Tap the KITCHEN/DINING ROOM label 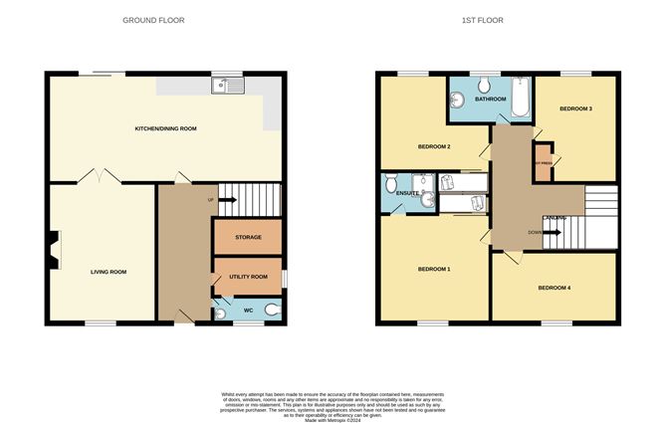click(165, 129)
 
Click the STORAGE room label click(248, 237)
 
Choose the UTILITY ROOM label click(248, 277)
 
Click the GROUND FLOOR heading click(153, 20)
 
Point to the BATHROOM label click(491, 100)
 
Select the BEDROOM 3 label click(575, 108)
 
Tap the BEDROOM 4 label click(556, 289)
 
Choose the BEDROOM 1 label click(434, 270)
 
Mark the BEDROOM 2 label click(434, 146)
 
